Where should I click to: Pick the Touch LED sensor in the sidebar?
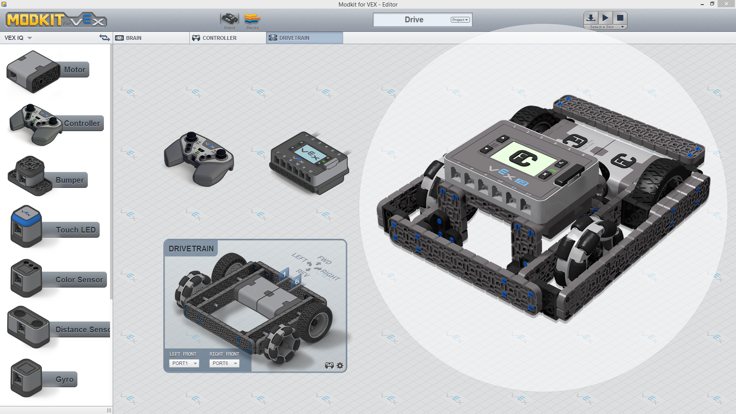coord(54,228)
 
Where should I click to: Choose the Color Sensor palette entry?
coord(58,279)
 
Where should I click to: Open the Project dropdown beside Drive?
coord(460,20)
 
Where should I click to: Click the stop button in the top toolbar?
coord(620,18)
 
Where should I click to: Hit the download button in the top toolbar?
coord(591,18)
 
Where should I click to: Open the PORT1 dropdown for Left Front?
coord(184,363)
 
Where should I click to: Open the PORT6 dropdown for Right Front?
coord(224,363)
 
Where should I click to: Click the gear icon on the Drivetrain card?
coord(340,366)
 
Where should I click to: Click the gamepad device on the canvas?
coord(199,158)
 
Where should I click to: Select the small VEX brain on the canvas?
coord(309,163)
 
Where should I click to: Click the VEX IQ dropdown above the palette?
coord(18,38)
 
